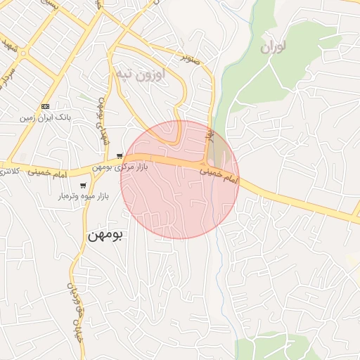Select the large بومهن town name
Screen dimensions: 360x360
pos(105,236)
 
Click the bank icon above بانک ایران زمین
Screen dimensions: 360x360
pos(46,106)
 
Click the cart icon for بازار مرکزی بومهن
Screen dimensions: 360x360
pos(121,156)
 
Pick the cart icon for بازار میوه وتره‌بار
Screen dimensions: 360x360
pos(84,186)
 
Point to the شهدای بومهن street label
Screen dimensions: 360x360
pos(104,121)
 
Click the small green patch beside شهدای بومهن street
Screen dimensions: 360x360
pos(84,96)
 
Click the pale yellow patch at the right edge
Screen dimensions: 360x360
pos(353,259)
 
